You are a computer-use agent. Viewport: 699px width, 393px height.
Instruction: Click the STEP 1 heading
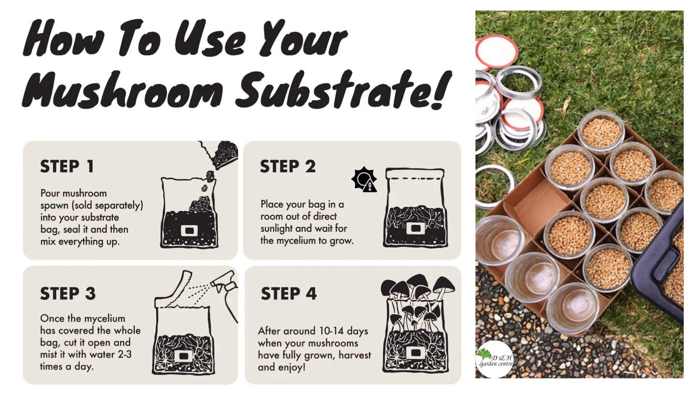pyautogui.click(x=67, y=167)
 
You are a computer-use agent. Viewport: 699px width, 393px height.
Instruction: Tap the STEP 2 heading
pyautogui.click(x=287, y=167)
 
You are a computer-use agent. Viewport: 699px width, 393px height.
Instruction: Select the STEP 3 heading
pyautogui.click(x=68, y=294)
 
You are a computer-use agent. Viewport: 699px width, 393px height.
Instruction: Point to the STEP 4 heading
pyautogui.click(x=288, y=294)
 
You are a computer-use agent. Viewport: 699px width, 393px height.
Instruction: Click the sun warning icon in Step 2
pyautogui.click(x=364, y=180)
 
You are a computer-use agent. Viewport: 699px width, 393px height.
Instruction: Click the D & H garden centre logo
pyautogui.click(x=494, y=360)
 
